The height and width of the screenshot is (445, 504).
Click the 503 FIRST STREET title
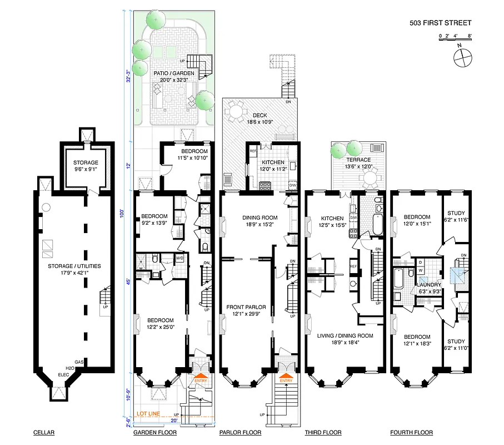[440, 23]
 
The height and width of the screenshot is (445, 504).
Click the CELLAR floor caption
[44, 433]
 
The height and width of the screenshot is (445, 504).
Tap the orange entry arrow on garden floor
[198, 378]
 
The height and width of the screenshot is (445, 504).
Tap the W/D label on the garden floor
[181, 258]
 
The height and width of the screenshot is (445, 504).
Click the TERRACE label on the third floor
[358, 160]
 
